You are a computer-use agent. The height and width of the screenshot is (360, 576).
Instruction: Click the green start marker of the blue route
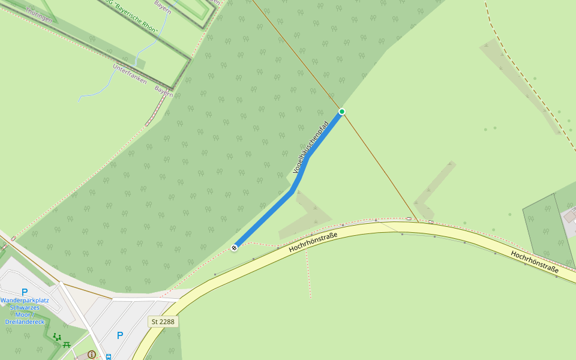(x=342, y=112)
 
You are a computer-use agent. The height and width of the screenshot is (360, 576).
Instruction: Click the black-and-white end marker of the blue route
(x=235, y=247)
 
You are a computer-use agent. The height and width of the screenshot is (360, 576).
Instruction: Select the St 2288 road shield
(x=163, y=322)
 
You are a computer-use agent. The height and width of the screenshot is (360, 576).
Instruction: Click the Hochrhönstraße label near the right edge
(x=535, y=263)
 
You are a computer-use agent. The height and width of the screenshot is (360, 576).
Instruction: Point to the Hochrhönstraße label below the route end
(x=313, y=239)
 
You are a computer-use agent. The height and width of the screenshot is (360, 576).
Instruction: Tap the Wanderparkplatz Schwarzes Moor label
(x=25, y=310)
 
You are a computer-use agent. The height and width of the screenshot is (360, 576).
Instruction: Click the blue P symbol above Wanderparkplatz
(x=25, y=293)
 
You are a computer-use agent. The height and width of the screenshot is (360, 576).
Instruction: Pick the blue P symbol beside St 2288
(x=120, y=336)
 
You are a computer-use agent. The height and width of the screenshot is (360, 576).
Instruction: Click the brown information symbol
(x=91, y=355)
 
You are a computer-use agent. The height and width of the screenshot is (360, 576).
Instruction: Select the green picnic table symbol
(x=67, y=344)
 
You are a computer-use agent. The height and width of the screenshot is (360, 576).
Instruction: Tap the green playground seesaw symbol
(x=57, y=337)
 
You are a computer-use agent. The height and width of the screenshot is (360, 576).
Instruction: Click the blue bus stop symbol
(x=109, y=357)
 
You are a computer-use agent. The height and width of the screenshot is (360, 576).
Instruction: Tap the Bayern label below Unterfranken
(x=163, y=91)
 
